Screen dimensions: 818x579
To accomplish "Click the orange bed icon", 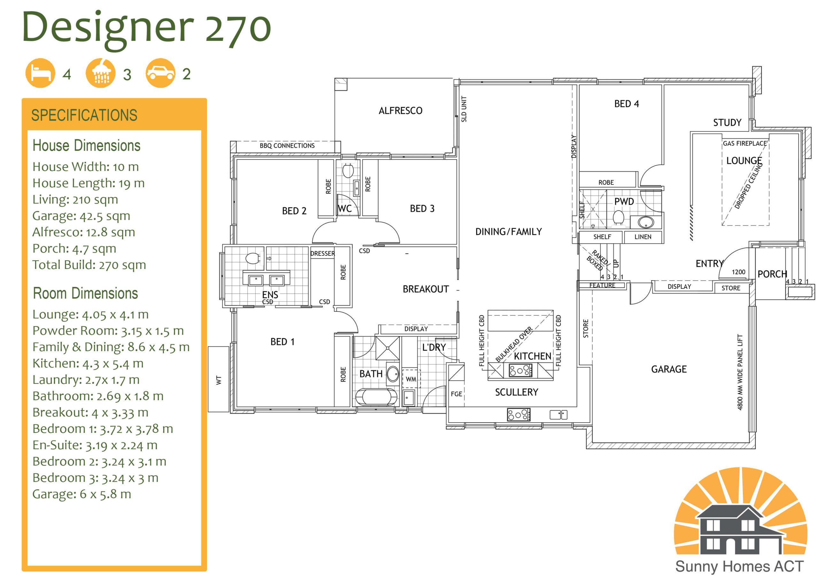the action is coord(40,73).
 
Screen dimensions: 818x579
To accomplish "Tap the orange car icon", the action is coord(161,73).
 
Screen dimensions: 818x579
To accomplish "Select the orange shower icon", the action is coord(100,73).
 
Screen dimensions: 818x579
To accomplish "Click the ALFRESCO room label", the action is coord(400,111).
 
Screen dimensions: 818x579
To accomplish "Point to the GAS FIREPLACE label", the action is coord(745,143).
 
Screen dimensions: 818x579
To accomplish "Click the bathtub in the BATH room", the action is coord(377,397).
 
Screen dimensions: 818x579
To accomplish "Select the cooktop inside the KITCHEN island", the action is coord(521,371).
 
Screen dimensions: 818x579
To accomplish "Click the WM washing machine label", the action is coord(411,379).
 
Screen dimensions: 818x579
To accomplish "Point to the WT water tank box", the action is coord(218,379).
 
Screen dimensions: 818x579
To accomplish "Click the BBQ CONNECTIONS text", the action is coord(287,146).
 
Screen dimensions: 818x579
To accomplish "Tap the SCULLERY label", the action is coord(517,393).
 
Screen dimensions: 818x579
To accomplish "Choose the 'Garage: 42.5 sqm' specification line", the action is coord(81,216).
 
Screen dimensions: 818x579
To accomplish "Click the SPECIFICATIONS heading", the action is coord(84,115).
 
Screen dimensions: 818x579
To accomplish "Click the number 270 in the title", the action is coord(238,28).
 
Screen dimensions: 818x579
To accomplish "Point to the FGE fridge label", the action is coord(456,394).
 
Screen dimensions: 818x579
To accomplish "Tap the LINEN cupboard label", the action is coord(643,237).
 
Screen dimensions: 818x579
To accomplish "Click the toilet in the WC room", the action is coord(348,171).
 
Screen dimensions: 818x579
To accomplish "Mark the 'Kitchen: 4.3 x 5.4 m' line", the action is coord(88,363).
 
